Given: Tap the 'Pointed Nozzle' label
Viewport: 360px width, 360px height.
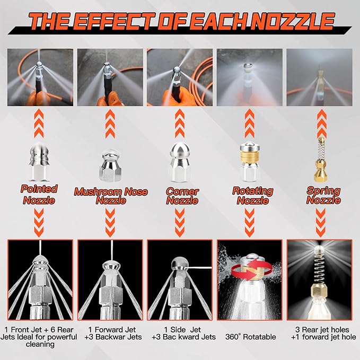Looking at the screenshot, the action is [39, 195].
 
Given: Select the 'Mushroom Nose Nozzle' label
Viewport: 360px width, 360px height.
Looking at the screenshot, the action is [111, 196].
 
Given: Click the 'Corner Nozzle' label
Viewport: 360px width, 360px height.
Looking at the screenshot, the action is [182, 196].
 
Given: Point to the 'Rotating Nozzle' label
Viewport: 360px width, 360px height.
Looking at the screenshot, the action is [253, 196].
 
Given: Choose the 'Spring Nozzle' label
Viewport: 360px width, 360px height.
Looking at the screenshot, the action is [323, 196].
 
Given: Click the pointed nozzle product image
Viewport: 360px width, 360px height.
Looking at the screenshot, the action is [39, 161].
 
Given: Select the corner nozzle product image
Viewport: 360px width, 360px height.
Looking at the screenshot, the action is [180, 162].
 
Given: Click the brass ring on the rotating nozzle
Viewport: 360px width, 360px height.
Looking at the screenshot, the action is [251, 155].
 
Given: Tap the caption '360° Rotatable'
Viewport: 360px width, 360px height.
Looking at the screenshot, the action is [250, 337].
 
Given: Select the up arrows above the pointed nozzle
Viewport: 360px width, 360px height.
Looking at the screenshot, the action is [39, 124].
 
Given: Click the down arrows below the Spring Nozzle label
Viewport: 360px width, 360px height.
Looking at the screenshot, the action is [321, 223].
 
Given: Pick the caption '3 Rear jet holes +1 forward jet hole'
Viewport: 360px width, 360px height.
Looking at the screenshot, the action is [323, 333].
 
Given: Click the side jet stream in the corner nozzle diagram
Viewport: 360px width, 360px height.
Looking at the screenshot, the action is [199, 268].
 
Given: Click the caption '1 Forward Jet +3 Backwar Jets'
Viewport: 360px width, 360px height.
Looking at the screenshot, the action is [112, 333].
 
